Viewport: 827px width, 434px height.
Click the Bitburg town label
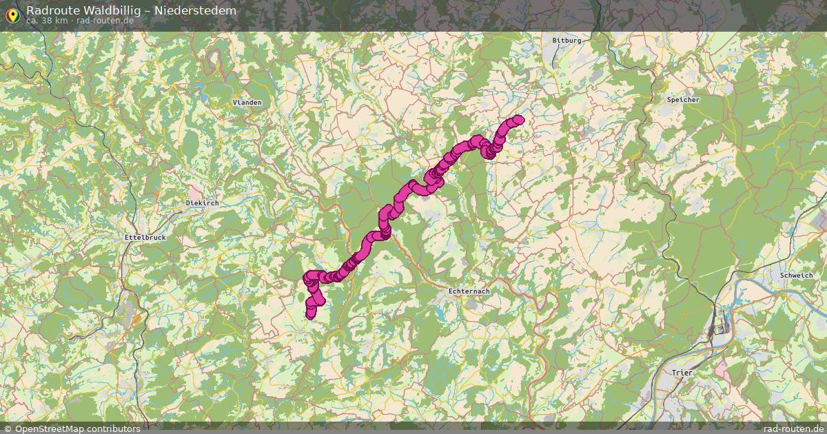click(567, 41)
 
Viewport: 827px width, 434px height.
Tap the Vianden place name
click(247, 102)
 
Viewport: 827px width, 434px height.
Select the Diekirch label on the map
click(202, 203)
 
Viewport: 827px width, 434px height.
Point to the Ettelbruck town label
click(145, 238)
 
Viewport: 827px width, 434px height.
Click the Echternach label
click(469, 291)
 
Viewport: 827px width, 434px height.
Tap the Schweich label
click(795, 275)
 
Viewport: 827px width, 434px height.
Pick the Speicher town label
click(683, 100)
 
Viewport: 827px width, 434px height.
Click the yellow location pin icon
click(12, 14)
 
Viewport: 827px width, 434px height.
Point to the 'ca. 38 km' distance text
click(47, 21)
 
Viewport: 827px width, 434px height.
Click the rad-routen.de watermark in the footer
click(793, 428)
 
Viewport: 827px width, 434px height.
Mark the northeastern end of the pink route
click(518, 119)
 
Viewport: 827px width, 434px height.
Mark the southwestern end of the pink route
click(310, 315)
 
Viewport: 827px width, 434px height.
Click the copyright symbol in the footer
click(8, 428)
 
